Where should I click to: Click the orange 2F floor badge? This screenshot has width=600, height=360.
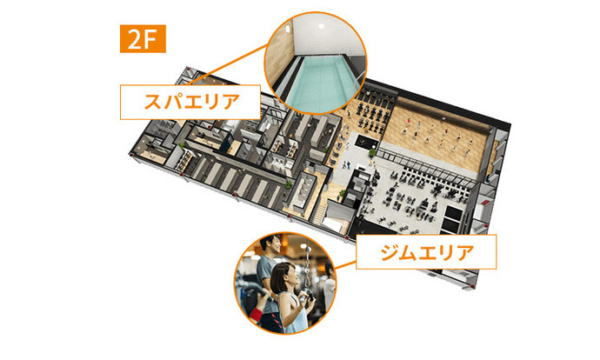[143, 38]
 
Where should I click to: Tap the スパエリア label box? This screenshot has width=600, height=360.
[190, 102]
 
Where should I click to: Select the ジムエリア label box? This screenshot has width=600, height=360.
[426, 251]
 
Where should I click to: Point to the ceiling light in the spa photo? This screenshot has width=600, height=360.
[322, 26]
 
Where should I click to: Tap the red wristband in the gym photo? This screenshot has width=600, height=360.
[256, 316]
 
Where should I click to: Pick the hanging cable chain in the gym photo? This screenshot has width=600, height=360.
[307, 269]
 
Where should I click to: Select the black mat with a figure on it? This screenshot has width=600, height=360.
[366, 142]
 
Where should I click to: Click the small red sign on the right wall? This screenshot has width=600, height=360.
[485, 202]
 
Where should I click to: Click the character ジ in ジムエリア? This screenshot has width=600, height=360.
[390, 252]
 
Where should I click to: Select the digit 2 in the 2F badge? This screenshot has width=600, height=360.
[135, 39]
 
